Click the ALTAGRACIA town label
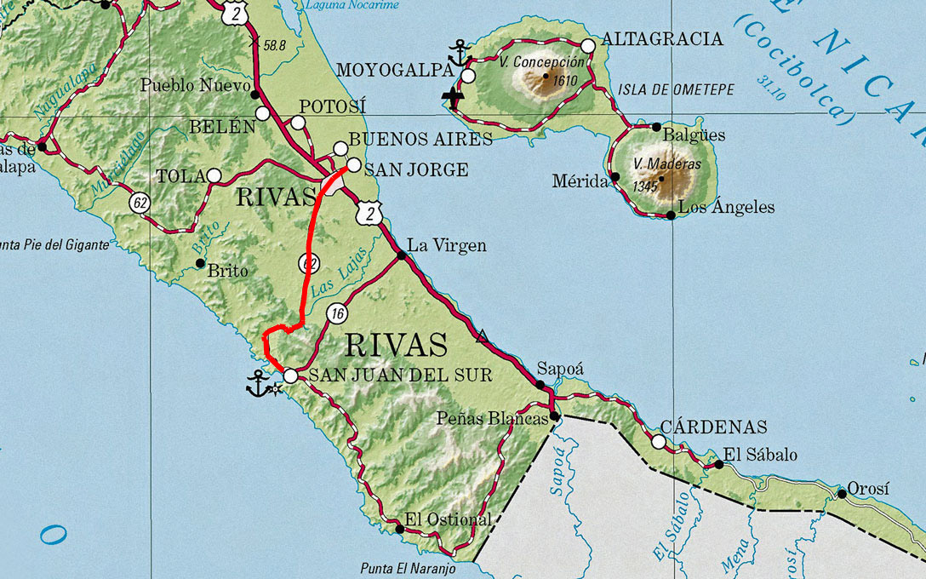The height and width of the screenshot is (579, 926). coord(662,39)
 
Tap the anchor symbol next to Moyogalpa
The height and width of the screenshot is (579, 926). coord(460,53)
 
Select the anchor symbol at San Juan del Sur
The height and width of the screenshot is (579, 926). coord(258,384)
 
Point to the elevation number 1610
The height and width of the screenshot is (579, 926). coord(565,82)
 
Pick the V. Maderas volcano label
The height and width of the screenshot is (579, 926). coord(654,164)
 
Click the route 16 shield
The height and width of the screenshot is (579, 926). coord(338,314)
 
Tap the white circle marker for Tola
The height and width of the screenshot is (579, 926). coord(214,176)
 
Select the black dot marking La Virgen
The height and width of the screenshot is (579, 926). coord(401,255)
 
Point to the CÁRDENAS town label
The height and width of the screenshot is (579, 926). coord(714,427)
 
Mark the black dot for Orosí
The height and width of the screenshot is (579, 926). coord(842,494)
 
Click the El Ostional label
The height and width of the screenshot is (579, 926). coord(448,519)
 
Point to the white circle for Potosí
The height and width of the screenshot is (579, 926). coord(298,123)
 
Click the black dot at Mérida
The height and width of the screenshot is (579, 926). coord(615,177)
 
